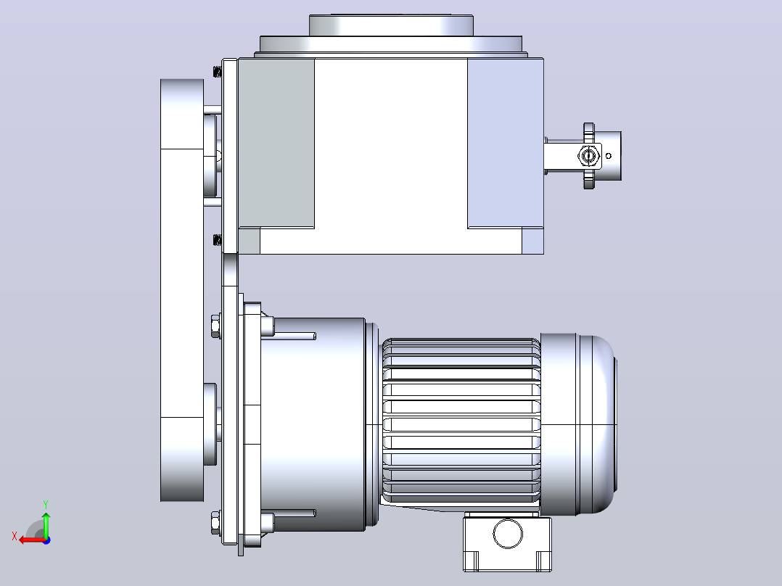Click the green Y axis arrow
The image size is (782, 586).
click(46, 524)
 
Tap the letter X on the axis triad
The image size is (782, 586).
click(15, 536)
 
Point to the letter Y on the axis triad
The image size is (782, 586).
click(46, 504)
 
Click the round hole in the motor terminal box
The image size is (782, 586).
click(508, 533)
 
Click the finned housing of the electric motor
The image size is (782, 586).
click(461, 421)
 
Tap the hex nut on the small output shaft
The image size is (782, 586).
click(588, 156)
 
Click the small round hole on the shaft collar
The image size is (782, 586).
click(609, 156)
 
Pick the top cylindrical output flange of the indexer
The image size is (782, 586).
click(391, 25)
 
